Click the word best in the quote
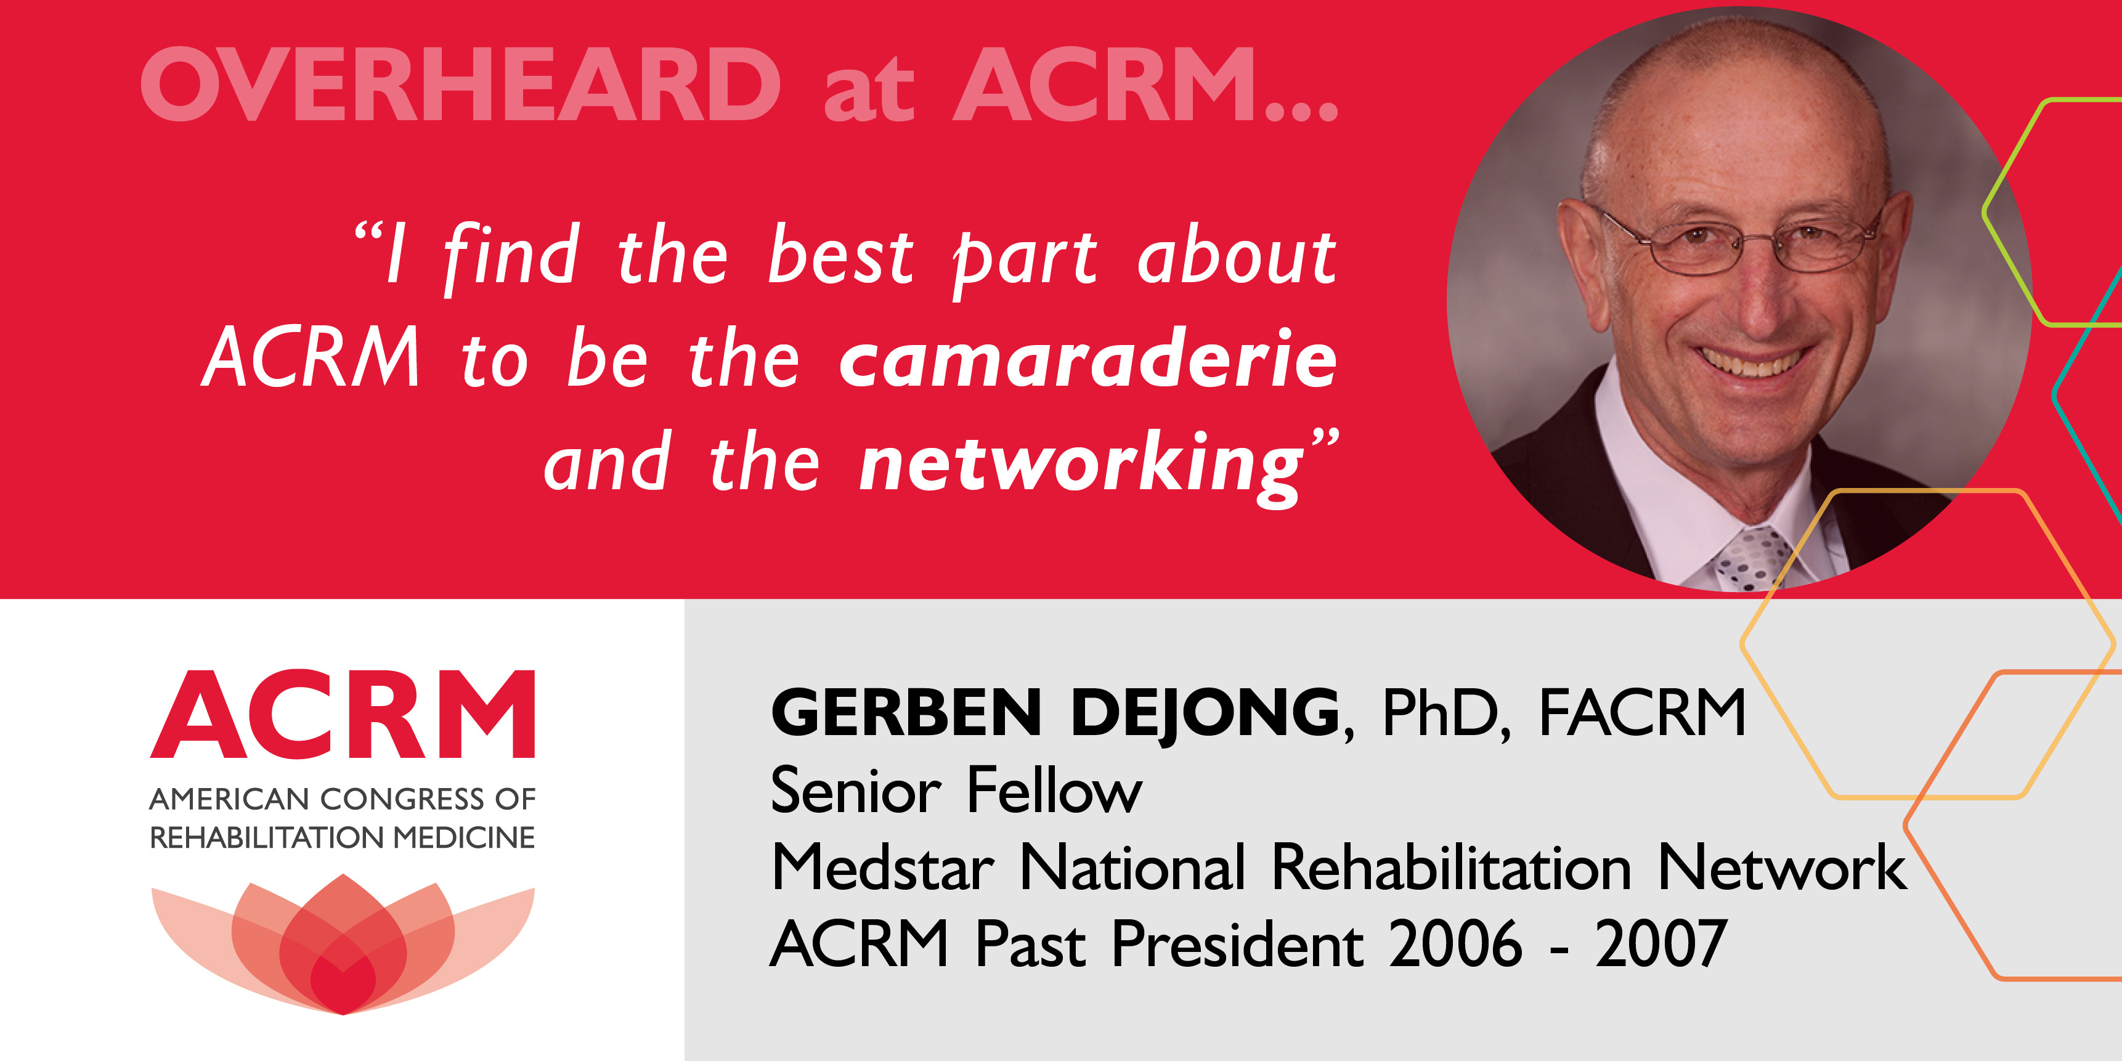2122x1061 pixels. tap(841, 254)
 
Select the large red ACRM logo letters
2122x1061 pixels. tap(343, 714)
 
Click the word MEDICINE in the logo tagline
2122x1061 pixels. tap(464, 838)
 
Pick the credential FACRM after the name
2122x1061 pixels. tap(1643, 712)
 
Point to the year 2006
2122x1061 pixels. tap(1455, 944)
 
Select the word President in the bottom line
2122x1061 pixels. tap(1238, 944)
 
